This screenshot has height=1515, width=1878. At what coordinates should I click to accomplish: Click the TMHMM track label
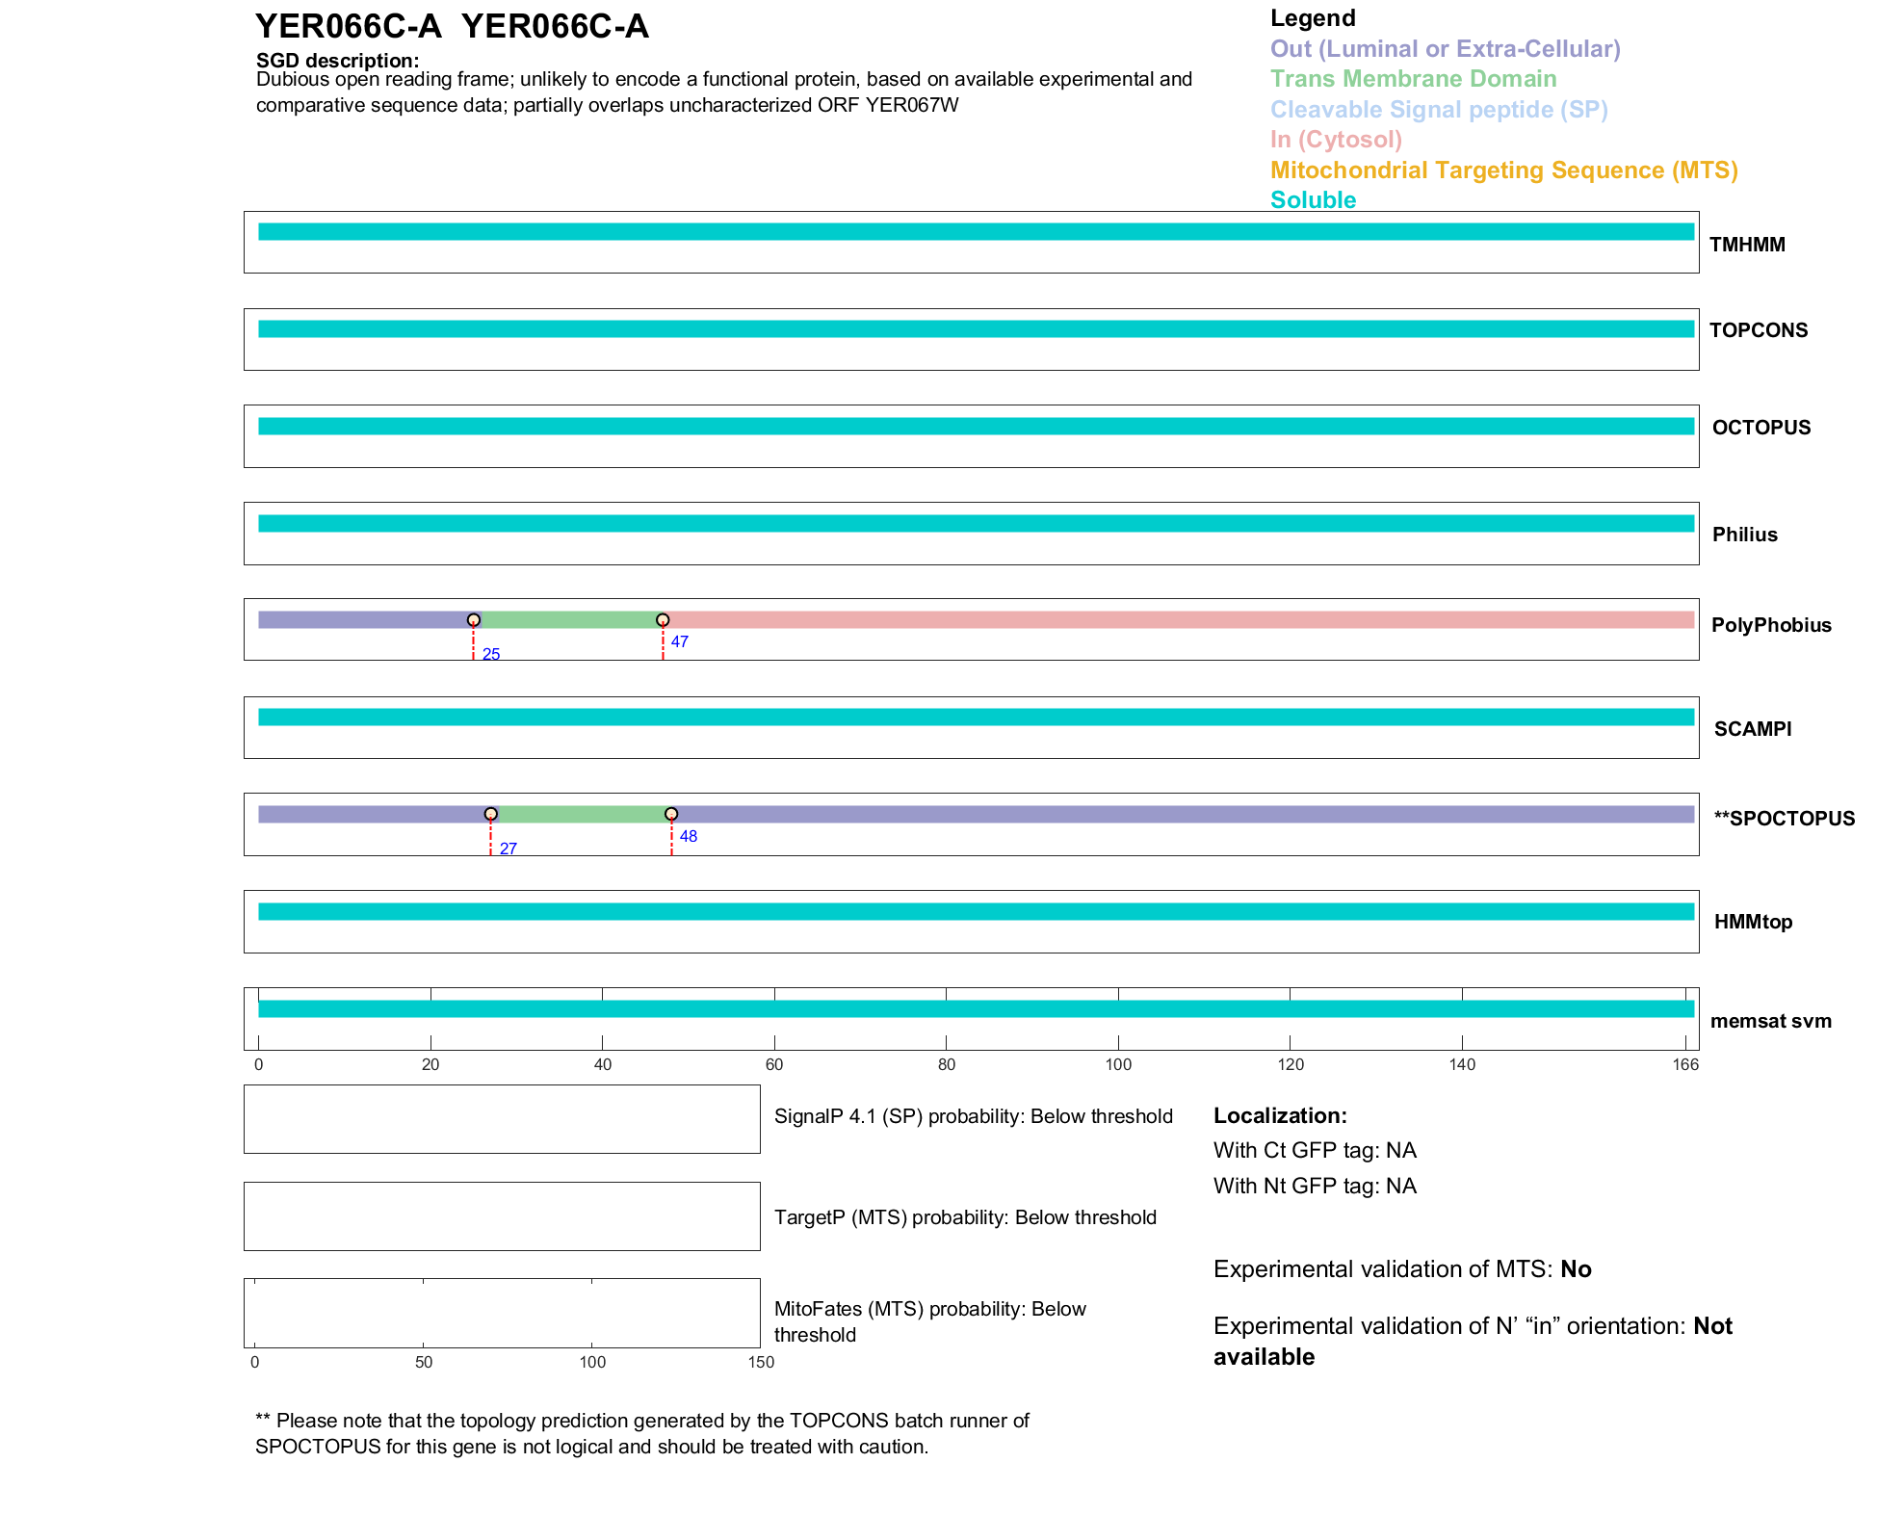click(1746, 245)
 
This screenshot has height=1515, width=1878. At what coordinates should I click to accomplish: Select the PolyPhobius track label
click(1770, 625)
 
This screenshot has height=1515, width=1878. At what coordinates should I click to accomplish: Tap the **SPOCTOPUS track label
click(1784, 819)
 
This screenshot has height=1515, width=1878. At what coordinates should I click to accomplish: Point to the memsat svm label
click(1770, 1021)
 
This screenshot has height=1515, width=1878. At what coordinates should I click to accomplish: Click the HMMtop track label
click(1753, 922)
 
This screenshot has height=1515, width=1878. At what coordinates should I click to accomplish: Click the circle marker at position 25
click(473, 620)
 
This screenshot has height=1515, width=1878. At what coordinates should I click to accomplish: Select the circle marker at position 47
click(663, 620)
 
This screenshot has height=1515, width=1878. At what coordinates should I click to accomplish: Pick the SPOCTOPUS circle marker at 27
click(490, 814)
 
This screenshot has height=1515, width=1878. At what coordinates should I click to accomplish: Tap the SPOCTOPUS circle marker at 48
click(671, 814)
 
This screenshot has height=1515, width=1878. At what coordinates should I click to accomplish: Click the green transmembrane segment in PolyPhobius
click(568, 620)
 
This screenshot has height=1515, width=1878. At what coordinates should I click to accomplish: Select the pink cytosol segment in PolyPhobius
click(1175, 620)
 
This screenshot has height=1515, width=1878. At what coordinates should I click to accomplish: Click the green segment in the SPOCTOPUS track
click(581, 814)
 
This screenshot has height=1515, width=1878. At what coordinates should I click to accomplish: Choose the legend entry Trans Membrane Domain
click(1413, 79)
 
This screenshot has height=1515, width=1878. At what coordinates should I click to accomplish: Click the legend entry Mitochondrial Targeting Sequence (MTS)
click(1503, 170)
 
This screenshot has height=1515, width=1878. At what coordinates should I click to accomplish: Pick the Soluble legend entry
click(1313, 200)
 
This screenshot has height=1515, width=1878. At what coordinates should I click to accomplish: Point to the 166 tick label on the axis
click(1685, 1064)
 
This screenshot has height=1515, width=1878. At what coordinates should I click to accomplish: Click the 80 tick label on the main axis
click(946, 1064)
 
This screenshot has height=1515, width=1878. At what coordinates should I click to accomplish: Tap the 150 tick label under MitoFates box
click(761, 1362)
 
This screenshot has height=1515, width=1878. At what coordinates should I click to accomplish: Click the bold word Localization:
click(1280, 1115)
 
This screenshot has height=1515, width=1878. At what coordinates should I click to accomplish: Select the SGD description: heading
click(337, 61)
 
